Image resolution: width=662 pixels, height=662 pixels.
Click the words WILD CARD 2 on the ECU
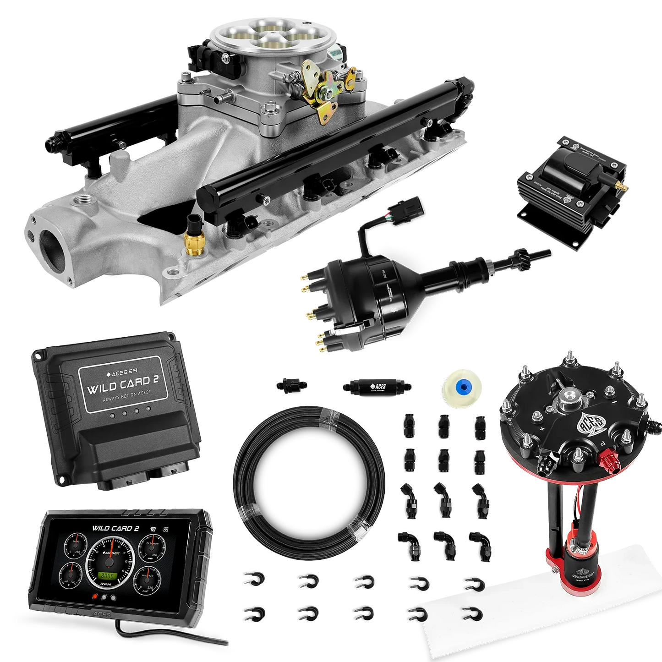(119, 382)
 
